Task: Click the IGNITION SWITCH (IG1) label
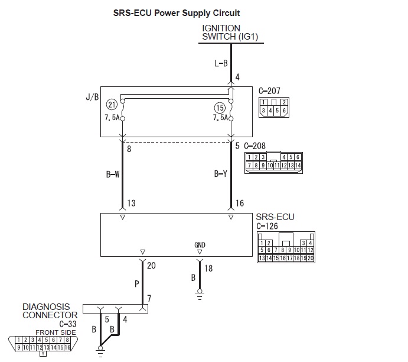229,33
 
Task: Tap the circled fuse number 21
112,105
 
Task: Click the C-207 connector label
269,91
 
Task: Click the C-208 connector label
256,146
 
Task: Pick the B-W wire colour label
113,174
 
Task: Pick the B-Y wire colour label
221,174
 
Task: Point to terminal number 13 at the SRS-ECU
131,203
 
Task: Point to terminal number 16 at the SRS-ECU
240,203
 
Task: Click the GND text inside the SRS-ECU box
200,245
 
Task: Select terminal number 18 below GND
208,269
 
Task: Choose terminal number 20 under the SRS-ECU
151,266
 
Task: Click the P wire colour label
136,283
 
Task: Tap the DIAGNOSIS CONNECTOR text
46,311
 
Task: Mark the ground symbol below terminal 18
200,293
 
